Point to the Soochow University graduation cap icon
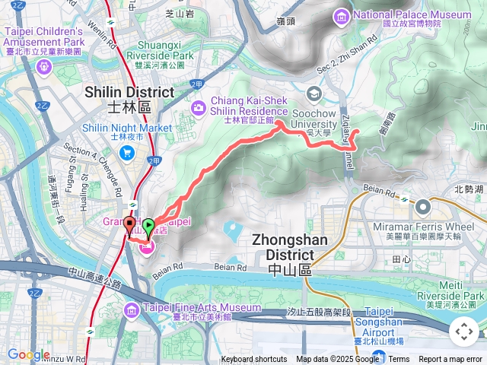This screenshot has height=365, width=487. pos(314,93)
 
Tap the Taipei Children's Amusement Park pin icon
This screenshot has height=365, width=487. pos(43,67)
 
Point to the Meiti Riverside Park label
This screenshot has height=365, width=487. pos(456,290)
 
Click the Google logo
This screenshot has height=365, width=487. pos(28,354)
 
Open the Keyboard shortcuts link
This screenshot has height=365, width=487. pos(254,360)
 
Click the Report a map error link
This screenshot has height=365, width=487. pos(451,360)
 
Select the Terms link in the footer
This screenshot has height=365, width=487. pos(399,360)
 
